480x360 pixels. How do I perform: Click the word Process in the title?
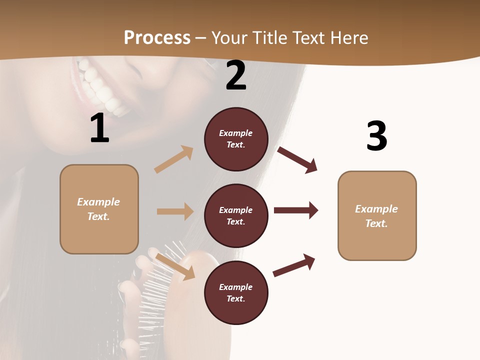157,37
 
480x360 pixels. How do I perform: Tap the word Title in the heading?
269,37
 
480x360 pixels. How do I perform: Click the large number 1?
99,128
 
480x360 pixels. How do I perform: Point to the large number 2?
236,75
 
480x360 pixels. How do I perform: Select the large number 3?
376,136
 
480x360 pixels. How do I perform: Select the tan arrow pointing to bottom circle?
175,266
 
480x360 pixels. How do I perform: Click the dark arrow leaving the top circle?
297,160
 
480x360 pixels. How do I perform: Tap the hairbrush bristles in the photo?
155,280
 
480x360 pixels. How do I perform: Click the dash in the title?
201,38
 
